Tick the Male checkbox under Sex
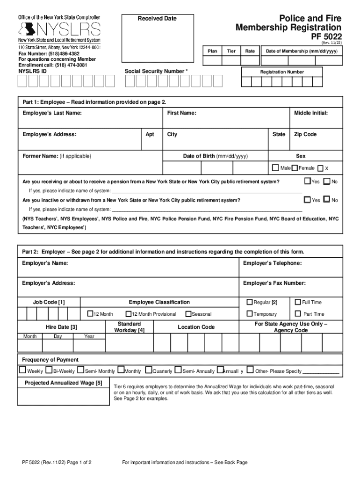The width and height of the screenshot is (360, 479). (276, 168)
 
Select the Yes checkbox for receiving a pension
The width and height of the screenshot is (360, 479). (307, 181)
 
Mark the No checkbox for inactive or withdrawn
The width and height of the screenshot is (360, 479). (327, 200)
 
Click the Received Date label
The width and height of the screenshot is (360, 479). (157, 19)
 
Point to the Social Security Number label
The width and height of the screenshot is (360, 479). (156, 71)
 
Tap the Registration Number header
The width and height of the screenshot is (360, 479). (282, 72)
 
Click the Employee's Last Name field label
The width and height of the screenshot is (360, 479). (52, 113)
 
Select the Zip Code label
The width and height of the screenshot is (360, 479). (305, 134)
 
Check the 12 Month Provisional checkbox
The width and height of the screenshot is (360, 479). (129, 314)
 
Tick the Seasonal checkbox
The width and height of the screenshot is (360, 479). (188, 314)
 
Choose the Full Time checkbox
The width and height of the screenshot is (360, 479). (297, 302)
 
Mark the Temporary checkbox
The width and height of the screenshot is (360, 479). (250, 313)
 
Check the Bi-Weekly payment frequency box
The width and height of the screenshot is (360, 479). (49, 370)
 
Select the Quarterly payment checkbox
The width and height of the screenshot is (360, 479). (149, 370)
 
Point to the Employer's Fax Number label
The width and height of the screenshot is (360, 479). (274, 283)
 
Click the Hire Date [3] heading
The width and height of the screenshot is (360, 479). (61, 327)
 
